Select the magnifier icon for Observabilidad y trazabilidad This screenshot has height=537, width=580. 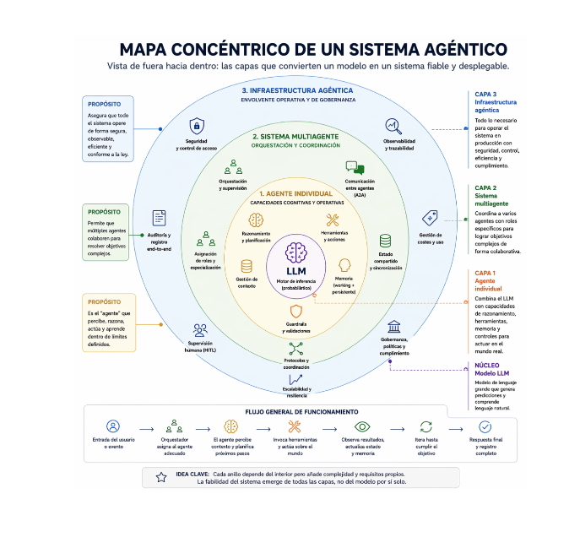click(393, 126)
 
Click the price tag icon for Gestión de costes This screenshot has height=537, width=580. click(429, 217)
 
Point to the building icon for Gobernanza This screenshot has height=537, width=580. click(393, 326)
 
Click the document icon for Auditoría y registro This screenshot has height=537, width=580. click(159, 218)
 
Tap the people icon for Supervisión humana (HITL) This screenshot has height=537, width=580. click(199, 330)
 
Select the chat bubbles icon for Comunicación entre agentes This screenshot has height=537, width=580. click(354, 168)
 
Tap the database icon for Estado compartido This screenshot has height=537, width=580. click(385, 241)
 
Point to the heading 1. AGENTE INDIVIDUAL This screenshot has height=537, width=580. click(295, 194)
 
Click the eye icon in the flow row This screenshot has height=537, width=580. click(362, 426)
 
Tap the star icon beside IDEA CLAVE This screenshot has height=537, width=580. click(160, 477)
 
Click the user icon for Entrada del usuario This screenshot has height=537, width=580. click(113, 426)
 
